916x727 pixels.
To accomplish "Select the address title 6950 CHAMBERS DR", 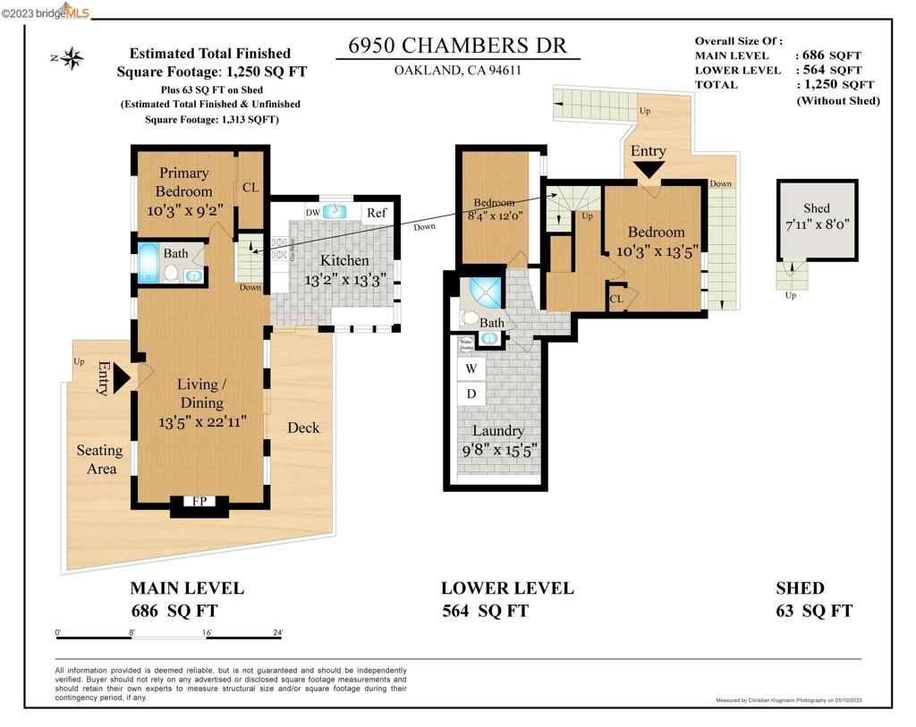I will pyautogui.click(x=457, y=46).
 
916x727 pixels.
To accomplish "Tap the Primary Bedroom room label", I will pyautogui.click(x=183, y=182).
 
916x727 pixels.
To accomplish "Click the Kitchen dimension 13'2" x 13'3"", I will pyautogui.click(x=344, y=278).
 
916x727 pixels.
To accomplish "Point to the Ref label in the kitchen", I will pyautogui.click(x=377, y=213).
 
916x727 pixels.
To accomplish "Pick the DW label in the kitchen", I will pyautogui.click(x=312, y=213).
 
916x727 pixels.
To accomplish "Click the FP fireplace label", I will pyautogui.click(x=199, y=502).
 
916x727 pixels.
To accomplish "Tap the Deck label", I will pyautogui.click(x=303, y=427).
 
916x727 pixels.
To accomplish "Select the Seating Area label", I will pyautogui.click(x=98, y=460).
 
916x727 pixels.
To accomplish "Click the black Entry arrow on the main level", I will pyautogui.click(x=121, y=377).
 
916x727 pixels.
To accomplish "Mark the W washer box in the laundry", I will pyautogui.click(x=471, y=368).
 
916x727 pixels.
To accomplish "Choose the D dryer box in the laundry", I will pyautogui.click(x=471, y=393).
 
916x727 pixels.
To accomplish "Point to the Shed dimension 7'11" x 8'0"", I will pyautogui.click(x=816, y=225).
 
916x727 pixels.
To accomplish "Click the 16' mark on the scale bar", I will pyautogui.click(x=207, y=632).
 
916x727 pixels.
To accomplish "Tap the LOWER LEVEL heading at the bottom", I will pyautogui.click(x=506, y=588).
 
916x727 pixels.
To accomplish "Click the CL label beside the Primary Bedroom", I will pyautogui.click(x=250, y=188).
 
